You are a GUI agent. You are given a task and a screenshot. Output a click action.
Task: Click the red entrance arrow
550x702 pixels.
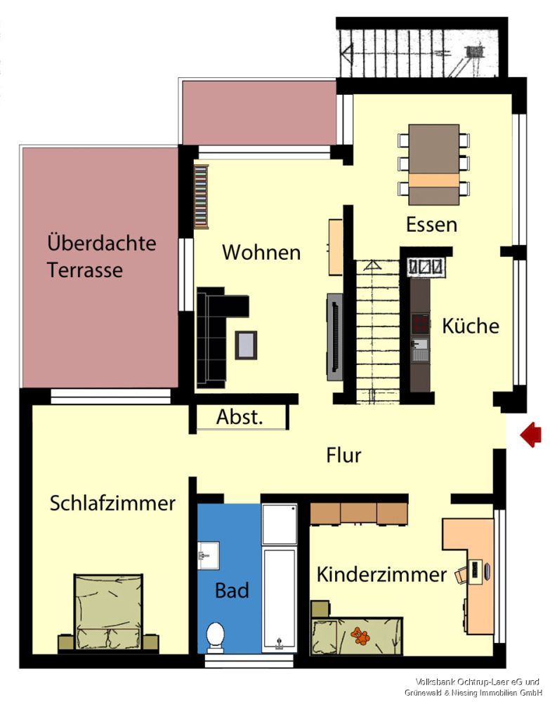(531, 435)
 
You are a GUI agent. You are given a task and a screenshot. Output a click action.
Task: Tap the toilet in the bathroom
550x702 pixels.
(215, 636)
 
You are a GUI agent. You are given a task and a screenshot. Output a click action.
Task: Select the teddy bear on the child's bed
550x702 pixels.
(361, 636)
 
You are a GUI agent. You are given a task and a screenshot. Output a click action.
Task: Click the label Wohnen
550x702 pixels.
(261, 253)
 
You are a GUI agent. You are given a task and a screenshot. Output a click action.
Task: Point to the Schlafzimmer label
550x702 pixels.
(112, 503)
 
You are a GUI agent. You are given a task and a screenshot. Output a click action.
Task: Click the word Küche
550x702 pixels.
(471, 326)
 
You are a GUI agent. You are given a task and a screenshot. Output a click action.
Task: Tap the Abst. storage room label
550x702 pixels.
(239, 418)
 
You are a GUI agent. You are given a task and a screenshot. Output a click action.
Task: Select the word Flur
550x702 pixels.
(343, 455)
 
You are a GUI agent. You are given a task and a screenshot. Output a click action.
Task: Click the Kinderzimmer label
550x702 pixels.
(381, 575)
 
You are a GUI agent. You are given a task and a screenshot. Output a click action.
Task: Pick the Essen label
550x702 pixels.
(431, 225)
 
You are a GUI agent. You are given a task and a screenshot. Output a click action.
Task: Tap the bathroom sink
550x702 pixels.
(209, 555)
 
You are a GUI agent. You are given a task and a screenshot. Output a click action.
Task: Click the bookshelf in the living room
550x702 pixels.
(202, 197)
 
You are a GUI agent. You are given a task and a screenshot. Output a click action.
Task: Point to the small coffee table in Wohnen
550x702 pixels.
(246, 344)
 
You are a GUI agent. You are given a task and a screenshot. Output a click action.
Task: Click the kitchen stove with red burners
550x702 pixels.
(420, 323)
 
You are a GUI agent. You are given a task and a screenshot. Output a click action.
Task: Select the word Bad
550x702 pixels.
(232, 590)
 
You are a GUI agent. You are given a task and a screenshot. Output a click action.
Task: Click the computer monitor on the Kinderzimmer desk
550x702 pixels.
(478, 570)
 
